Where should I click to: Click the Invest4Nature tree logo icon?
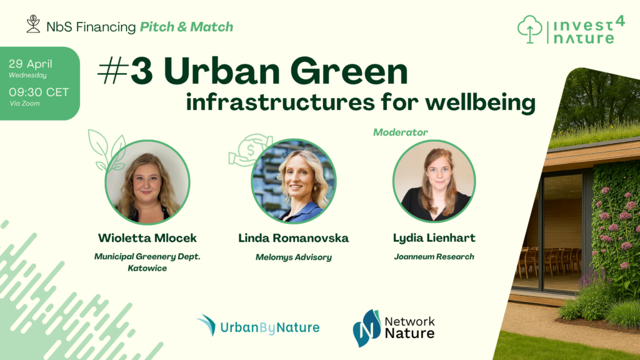[x=530, y=29]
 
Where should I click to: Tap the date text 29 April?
[x=31, y=64]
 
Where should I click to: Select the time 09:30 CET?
[x=39, y=92]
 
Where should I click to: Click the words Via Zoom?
[x=25, y=104]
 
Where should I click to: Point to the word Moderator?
[x=401, y=132]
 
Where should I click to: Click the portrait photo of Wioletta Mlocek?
[x=147, y=182]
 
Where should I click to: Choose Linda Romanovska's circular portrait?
[x=294, y=182]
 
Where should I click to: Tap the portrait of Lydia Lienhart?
[x=434, y=181]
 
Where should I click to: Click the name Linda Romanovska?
[x=294, y=238]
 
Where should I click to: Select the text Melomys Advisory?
[x=294, y=257]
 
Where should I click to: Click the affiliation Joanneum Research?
[x=434, y=257]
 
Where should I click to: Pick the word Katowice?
[x=147, y=268]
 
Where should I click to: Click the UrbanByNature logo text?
[x=270, y=327]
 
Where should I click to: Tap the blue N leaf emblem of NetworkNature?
[x=366, y=328]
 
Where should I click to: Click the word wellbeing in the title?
[x=481, y=102]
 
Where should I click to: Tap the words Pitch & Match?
[x=186, y=27]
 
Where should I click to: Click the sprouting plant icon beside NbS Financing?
[x=33, y=24]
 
